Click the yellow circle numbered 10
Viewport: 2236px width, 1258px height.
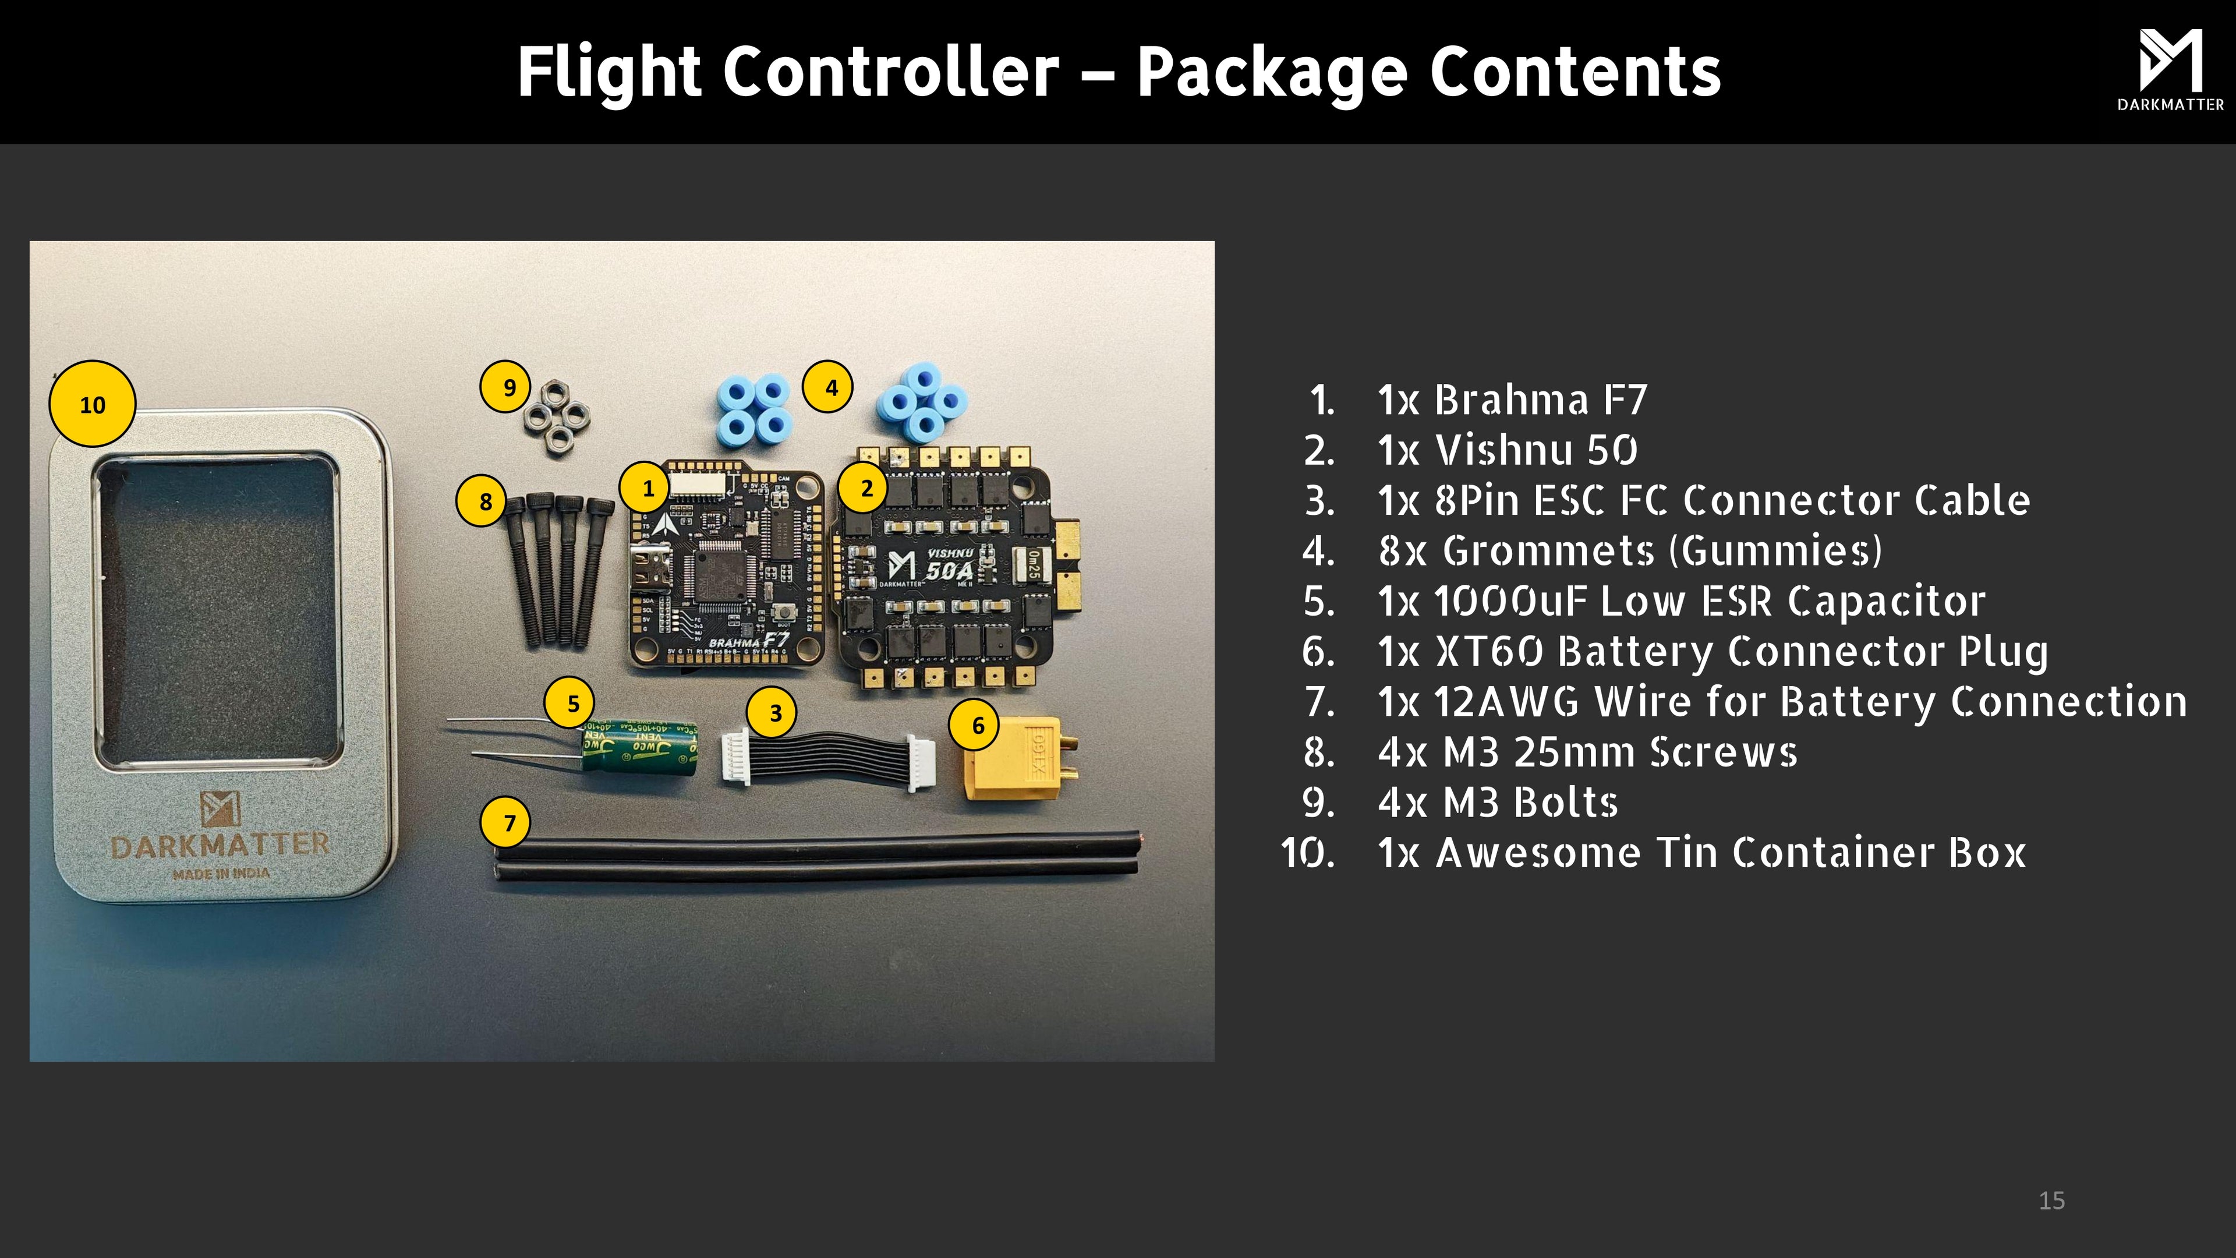pos(92,405)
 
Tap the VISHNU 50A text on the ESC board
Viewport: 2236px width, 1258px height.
pos(949,564)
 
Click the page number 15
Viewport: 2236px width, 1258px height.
pos(2051,1201)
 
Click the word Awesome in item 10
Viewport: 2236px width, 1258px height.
pos(1537,853)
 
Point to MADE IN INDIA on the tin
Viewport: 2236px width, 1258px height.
pos(221,874)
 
